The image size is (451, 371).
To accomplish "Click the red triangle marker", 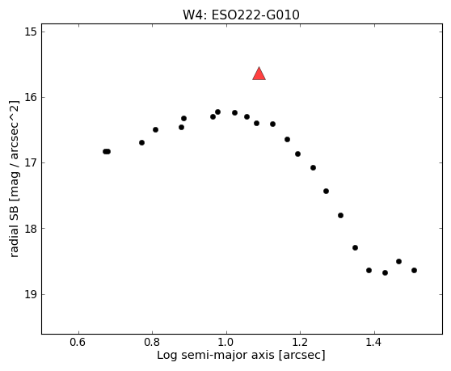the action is [x=259, y=74].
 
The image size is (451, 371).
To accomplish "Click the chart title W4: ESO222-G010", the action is [x=241, y=15].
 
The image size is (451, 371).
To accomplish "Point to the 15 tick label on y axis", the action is [x=31, y=32].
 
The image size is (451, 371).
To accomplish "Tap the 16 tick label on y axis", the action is [x=31, y=97].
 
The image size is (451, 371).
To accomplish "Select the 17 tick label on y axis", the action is [x=31, y=162].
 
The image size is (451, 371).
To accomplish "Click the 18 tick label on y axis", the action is [x=31, y=229].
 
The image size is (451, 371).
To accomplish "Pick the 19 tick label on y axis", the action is [x=31, y=294].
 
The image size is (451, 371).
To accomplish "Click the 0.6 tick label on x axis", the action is [x=78, y=342].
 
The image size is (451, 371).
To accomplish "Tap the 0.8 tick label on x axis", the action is [x=152, y=342].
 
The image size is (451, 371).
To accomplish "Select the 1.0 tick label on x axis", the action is [x=226, y=342].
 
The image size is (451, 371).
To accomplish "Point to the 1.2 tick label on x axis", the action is [x=301, y=342].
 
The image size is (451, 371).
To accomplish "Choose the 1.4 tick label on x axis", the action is [x=374, y=342].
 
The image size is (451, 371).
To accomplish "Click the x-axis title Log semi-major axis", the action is [x=216, y=355].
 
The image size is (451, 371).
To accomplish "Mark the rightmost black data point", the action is [x=414, y=270].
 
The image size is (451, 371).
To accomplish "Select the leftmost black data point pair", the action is [x=107, y=152].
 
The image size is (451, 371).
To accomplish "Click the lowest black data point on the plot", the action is [x=386, y=272].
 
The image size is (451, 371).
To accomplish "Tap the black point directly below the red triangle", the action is [x=256, y=124].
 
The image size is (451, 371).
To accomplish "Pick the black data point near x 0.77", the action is [x=141, y=142].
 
